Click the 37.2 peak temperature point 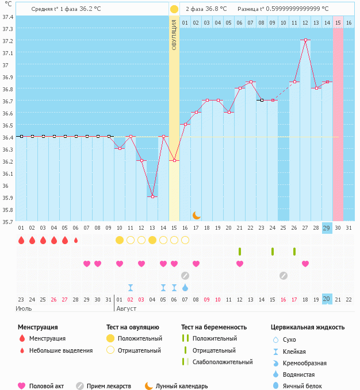[305, 40]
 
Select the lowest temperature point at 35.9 [152, 196]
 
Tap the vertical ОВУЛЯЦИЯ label [174, 34]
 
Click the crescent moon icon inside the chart [196, 215]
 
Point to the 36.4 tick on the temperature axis [8, 137]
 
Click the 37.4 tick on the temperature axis [8, 17]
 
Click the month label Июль [24, 308]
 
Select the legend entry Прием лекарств [108, 386]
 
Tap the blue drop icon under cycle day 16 [185, 287]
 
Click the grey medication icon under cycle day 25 [284, 275]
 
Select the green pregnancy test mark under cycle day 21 [240, 252]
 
